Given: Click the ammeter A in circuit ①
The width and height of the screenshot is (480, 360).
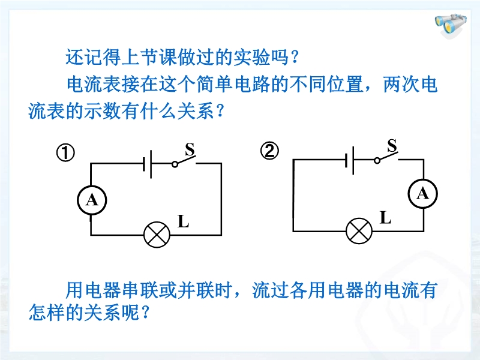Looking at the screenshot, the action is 92,200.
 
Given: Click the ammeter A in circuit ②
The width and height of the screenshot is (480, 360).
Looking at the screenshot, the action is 423,194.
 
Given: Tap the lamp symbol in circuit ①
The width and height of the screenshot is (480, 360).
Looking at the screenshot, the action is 157,235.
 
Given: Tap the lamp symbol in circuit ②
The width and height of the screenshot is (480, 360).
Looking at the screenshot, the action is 359,231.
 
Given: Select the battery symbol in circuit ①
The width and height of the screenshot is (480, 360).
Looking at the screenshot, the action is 147,164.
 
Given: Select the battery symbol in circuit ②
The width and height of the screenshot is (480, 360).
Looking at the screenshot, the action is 350,160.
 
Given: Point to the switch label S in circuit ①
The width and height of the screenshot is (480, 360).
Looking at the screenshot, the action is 190,149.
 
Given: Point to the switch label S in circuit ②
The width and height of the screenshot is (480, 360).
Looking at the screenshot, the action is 392,146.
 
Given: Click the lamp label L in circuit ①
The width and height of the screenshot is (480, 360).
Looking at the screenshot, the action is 184,221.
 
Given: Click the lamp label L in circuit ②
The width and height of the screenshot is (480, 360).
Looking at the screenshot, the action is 385,218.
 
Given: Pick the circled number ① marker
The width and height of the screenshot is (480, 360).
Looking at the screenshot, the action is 65,153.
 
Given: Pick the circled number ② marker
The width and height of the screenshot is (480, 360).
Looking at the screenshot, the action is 269,151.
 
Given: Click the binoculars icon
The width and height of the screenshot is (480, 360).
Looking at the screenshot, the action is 451,25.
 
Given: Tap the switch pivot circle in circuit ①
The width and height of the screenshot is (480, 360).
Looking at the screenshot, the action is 175,164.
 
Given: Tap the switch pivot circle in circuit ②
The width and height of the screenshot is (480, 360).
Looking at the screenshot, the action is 377,160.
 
